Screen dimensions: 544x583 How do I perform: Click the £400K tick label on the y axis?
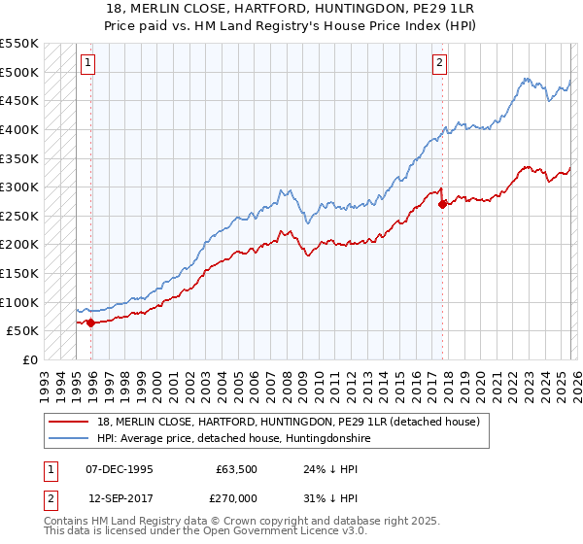coord(19,129)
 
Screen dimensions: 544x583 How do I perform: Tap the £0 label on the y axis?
coord(28,359)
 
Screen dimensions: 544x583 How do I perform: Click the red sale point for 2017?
coord(442,204)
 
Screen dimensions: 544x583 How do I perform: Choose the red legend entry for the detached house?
coord(288,423)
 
